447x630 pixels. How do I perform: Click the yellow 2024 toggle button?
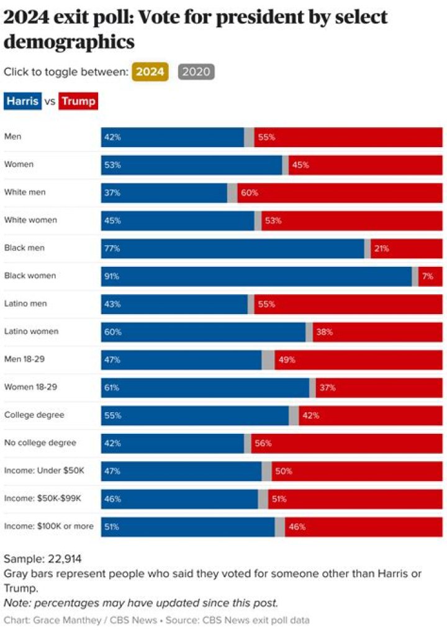[x=150, y=71]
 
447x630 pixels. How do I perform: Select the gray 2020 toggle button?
[x=196, y=71]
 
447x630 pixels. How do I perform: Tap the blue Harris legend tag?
[x=23, y=101]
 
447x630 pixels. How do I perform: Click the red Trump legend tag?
[x=78, y=101]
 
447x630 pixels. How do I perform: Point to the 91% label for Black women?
[x=112, y=276]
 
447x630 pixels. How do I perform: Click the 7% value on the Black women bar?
[x=428, y=276]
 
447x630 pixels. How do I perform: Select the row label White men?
[x=25, y=192]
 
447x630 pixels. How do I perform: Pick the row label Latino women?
[x=31, y=331]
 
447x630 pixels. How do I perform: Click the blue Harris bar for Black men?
[x=233, y=248]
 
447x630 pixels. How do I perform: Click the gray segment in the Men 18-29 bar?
[x=268, y=360]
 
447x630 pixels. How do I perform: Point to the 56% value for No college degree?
[x=263, y=443]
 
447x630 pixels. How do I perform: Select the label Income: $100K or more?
[x=49, y=526]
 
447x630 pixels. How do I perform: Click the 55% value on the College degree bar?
[x=112, y=416]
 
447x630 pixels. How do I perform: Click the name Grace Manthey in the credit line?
[x=55, y=619]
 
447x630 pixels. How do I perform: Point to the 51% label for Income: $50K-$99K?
[x=279, y=499]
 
